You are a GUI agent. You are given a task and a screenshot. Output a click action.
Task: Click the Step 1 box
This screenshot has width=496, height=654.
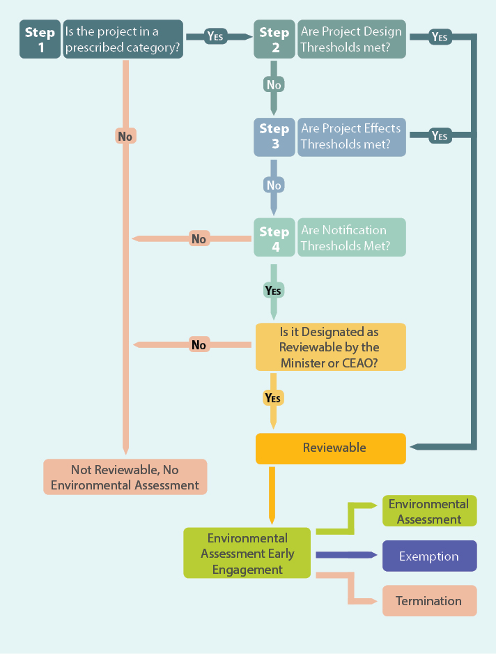click(40, 40)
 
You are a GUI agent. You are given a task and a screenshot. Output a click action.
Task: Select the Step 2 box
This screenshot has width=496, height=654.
click(274, 40)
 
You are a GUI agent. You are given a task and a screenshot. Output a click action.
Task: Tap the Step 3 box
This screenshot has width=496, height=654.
click(274, 136)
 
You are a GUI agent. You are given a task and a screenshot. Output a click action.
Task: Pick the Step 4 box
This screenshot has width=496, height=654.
click(274, 238)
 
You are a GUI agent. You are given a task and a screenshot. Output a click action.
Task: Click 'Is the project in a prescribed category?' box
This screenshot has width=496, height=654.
click(123, 40)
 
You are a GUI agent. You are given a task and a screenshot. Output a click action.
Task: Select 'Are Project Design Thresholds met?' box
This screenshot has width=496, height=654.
click(352, 40)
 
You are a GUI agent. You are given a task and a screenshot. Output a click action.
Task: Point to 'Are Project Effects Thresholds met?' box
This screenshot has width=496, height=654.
click(352, 136)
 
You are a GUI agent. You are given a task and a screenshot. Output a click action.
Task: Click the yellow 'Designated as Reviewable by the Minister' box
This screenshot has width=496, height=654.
click(330, 347)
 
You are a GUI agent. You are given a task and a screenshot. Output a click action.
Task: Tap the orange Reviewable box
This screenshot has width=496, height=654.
click(330, 448)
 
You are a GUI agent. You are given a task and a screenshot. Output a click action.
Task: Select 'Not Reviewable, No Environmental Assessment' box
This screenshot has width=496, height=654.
click(125, 478)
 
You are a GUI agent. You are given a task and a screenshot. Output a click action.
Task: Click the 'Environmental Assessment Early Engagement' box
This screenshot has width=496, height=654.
click(247, 554)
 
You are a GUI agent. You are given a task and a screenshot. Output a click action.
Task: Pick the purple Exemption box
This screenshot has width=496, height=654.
click(429, 556)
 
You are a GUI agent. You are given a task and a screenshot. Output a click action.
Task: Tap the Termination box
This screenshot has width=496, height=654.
click(429, 601)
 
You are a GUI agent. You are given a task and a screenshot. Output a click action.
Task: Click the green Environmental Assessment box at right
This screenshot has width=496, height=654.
click(429, 512)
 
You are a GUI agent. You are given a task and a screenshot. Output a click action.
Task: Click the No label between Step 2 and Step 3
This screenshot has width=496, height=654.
click(274, 84)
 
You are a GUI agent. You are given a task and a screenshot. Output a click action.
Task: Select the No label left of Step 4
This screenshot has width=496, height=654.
click(199, 239)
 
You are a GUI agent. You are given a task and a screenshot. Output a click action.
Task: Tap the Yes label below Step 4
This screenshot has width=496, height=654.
click(273, 289)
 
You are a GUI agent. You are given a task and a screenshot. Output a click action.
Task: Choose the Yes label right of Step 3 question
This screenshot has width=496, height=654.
click(439, 136)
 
